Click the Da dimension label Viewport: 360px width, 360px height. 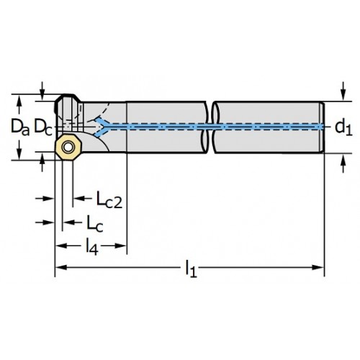(20, 127)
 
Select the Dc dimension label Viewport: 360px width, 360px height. (43, 127)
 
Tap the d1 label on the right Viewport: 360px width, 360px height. (343, 127)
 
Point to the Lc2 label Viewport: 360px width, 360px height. (109, 199)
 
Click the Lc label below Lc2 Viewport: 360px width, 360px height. (94, 224)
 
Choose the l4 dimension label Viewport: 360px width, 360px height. (92, 246)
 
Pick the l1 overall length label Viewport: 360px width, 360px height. (192, 269)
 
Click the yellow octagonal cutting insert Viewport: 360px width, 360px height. (68, 147)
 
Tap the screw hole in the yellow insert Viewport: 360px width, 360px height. (68, 147)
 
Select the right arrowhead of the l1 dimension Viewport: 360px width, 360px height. (318, 267)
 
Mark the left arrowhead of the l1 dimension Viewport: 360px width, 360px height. (62, 267)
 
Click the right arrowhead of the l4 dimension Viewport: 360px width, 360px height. (121, 246)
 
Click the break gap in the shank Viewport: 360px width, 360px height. (210, 127)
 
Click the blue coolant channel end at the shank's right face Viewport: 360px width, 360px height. (322, 127)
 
